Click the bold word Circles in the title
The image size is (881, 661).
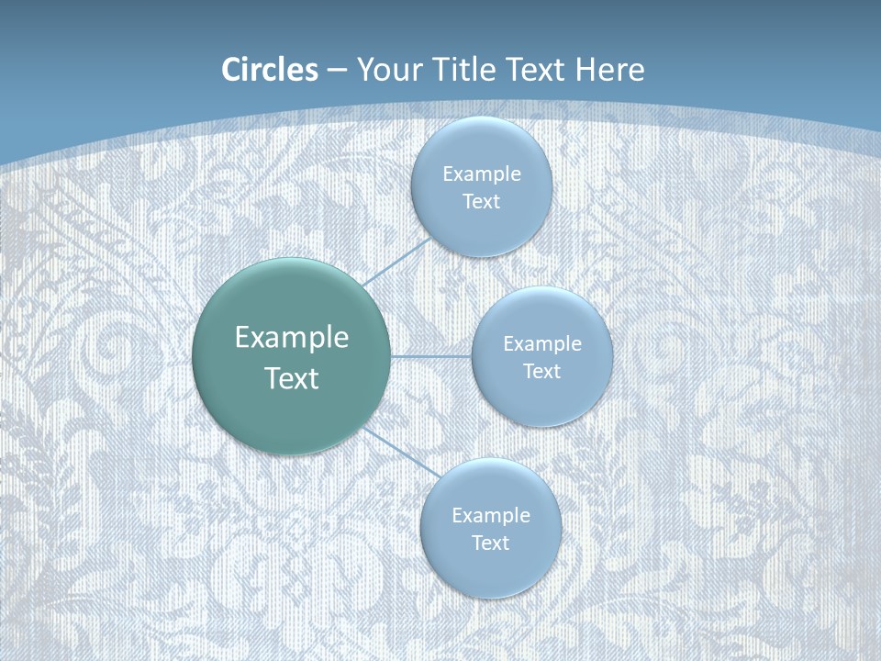click(x=269, y=70)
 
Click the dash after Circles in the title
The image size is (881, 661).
click(x=337, y=71)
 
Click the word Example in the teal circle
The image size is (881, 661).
click(x=292, y=338)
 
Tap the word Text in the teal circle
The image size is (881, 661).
click(x=292, y=378)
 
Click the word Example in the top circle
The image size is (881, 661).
click(x=481, y=174)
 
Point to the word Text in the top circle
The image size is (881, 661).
click(x=481, y=202)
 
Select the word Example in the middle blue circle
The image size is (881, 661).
click(x=541, y=344)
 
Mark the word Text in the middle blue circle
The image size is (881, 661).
click(x=541, y=372)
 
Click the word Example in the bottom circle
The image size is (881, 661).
click(x=490, y=516)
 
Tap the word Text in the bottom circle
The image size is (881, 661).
click(x=490, y=543)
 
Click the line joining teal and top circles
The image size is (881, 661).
click(x=397, y=263)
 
